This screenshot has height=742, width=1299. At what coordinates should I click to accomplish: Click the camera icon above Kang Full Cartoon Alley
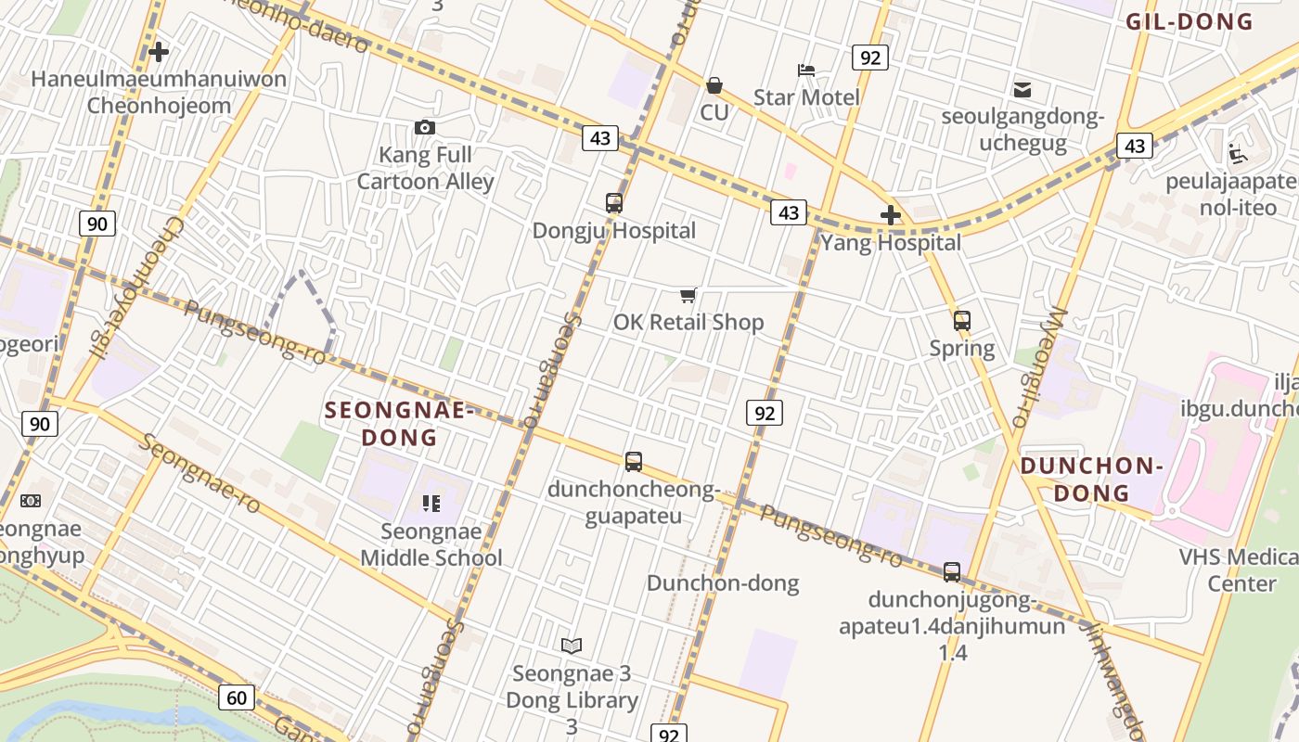point(425,127)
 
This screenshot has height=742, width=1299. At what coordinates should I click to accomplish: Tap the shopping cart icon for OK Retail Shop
point(688,295)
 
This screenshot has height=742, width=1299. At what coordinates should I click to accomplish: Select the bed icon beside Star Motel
point(806,70)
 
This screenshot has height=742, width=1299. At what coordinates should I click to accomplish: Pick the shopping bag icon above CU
point(714,85)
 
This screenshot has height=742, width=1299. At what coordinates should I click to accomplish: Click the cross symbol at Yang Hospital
point(891,216)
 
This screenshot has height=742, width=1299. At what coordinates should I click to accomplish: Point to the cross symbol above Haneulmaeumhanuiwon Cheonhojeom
point(159,52)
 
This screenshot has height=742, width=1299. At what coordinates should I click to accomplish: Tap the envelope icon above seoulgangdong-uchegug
point(1022,90)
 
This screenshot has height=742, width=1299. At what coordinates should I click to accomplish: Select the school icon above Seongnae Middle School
point(431,504)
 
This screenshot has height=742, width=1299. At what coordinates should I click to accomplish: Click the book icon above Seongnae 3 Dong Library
point(572,646)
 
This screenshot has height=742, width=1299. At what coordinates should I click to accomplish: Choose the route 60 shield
point(237,697)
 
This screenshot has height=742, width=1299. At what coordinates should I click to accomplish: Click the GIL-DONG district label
point(1190,21)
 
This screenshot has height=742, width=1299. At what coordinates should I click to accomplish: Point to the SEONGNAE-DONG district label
point(398,423)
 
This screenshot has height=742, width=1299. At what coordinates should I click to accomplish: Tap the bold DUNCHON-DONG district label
point(1091,479)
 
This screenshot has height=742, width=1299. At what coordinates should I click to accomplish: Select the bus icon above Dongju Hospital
point(613,203)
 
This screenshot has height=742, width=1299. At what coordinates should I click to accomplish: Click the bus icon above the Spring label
point(962,321)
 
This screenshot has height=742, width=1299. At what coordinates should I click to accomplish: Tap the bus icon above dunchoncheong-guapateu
point(634,461)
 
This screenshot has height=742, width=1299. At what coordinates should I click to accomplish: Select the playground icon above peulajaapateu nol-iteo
point(1237,152)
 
